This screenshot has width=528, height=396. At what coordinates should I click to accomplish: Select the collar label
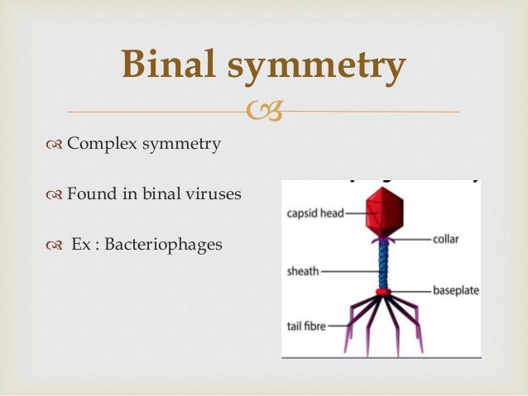coord(445,240)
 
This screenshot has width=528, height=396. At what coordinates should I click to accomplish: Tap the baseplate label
coord(455,291)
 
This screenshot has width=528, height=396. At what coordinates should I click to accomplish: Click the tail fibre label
coord(305,327)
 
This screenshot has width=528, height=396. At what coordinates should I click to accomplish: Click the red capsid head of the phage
coord(382,211)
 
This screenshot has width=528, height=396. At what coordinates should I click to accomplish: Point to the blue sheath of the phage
coord(382,265)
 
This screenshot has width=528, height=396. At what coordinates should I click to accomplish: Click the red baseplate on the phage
coord(382,292)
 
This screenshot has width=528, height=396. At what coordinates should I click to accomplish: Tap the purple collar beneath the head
coord(382,239)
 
